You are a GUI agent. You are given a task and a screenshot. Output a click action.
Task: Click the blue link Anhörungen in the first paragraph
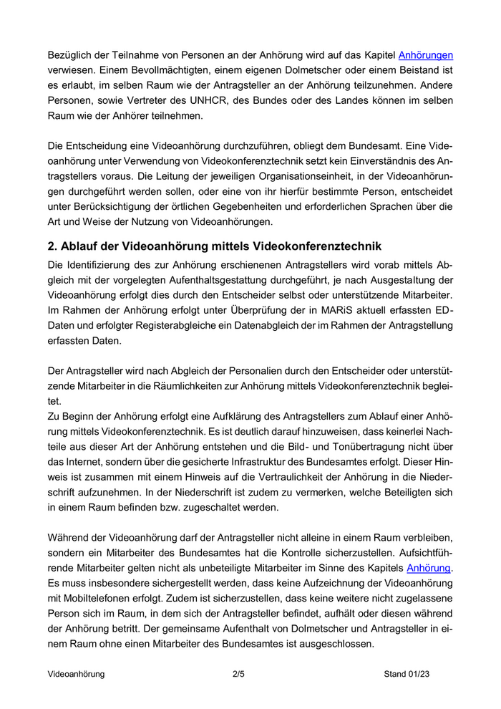click(425, 54)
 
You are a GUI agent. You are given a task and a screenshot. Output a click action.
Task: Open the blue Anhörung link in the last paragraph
click(429, 569)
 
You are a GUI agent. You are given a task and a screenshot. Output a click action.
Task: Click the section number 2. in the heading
click(52, 246)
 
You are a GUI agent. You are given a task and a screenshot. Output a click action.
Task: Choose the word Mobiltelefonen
click(103, 599)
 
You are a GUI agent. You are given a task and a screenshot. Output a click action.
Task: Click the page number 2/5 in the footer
click(239, 675)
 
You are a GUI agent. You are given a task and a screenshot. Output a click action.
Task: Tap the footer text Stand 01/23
click(407, 675)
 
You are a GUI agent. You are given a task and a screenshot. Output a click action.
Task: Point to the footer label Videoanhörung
click(76, 675)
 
